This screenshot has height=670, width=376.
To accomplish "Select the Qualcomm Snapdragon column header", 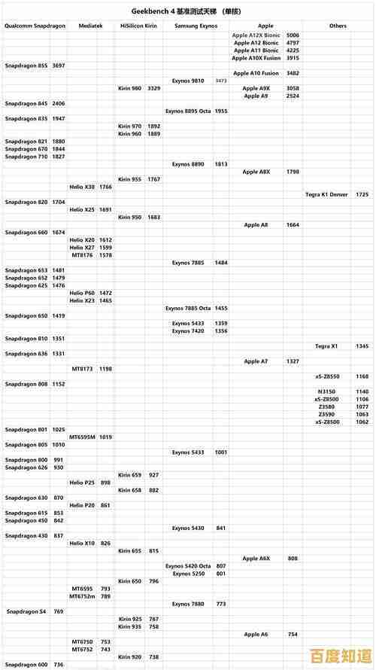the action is point(35,26).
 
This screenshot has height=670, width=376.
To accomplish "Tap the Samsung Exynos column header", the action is point(196,26).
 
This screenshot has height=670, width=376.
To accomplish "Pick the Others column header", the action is point(338,26).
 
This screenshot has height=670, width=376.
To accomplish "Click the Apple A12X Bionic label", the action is point(256,35).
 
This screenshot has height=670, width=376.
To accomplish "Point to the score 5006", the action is point(293,35).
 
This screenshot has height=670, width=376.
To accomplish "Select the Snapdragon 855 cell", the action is point(26,65).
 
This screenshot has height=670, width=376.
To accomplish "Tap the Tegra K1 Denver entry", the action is point(326,194).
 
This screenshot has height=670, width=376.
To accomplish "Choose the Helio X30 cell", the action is point(82,187).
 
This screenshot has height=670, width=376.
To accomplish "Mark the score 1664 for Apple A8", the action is point(293,224).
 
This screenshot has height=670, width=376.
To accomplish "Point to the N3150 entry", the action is point(326,391).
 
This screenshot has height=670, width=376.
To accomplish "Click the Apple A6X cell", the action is point(256,559).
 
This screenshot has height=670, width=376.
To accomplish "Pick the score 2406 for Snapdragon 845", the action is point(59,103).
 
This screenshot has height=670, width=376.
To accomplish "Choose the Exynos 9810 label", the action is point(187,81).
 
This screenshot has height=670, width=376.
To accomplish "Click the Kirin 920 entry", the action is point(129,657).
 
